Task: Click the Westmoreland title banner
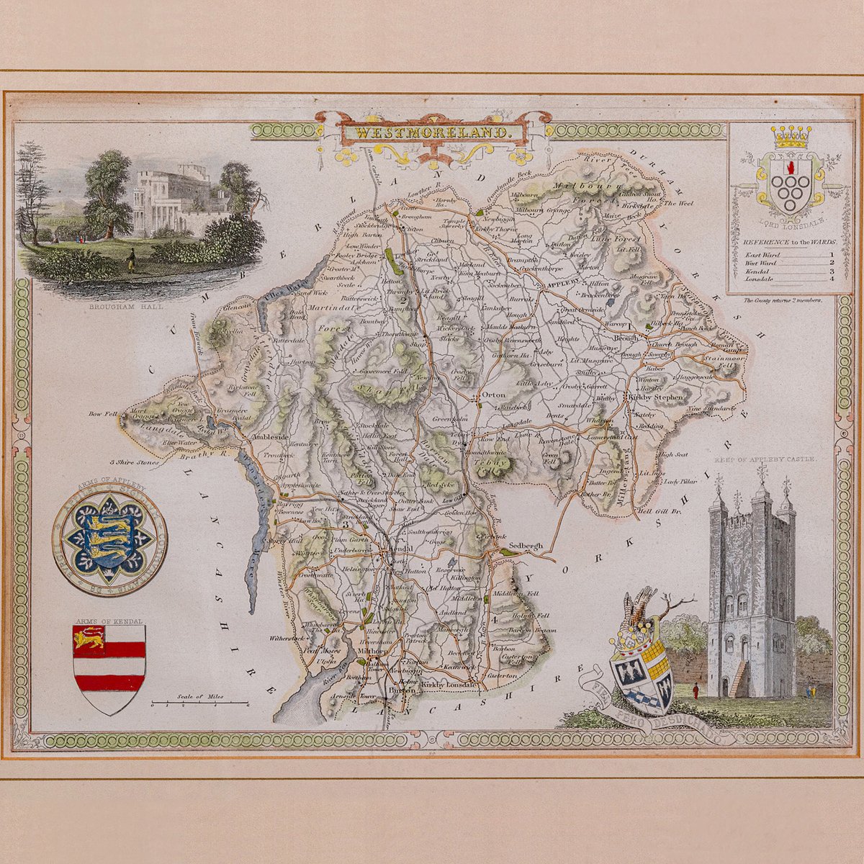(431, 133)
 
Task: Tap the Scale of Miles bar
(201, 702)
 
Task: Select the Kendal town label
(400, 549)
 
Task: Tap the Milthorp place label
(373, 651)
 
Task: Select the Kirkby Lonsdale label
(449, 685)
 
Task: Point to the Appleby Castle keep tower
(752, 590)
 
